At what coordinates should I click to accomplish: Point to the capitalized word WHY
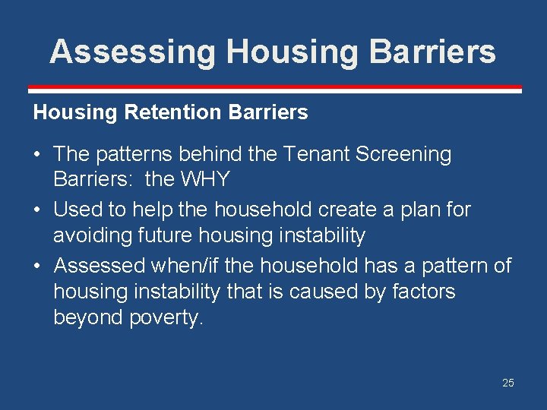pos(211,180)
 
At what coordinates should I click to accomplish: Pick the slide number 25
pos(507,383)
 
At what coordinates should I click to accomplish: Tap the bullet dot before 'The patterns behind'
pos(37,155)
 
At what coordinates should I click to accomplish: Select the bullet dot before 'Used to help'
pos(37,210)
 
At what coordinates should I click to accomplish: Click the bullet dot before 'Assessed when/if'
pos(37,266)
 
